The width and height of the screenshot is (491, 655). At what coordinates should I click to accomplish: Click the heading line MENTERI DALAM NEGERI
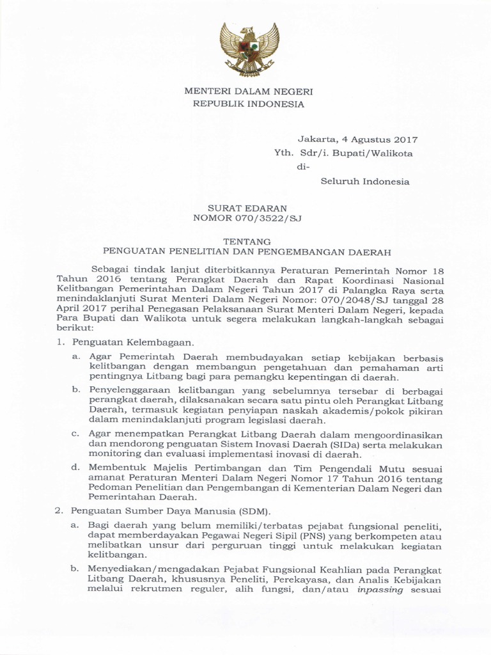pyautogui.click(x=249, y=91)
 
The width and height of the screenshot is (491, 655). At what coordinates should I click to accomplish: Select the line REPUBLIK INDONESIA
pyautogui.click(x=249, y=104)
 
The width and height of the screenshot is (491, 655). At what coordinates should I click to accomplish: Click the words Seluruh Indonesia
pyautogui.click(x=364, y=182)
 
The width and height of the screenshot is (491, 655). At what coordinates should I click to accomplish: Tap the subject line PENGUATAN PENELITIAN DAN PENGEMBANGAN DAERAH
pyautogui.click(x=247, y=252)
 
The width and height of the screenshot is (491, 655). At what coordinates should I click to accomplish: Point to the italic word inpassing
pyautogui.click(x=380, y=590)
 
